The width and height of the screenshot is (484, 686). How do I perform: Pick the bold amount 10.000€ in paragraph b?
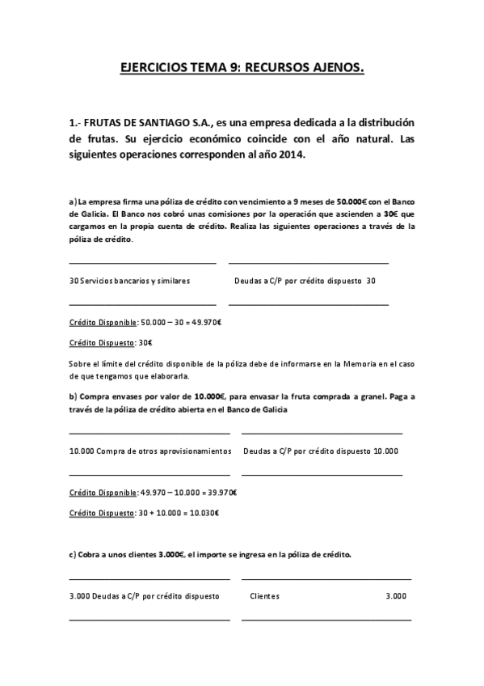point(210,396)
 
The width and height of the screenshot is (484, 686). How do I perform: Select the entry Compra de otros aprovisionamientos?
point(163,451)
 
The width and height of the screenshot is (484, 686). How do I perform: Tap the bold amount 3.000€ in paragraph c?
point(171,554)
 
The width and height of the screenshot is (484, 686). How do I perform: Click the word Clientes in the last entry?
point(265,596)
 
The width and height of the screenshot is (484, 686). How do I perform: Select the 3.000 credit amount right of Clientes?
point(396,596)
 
